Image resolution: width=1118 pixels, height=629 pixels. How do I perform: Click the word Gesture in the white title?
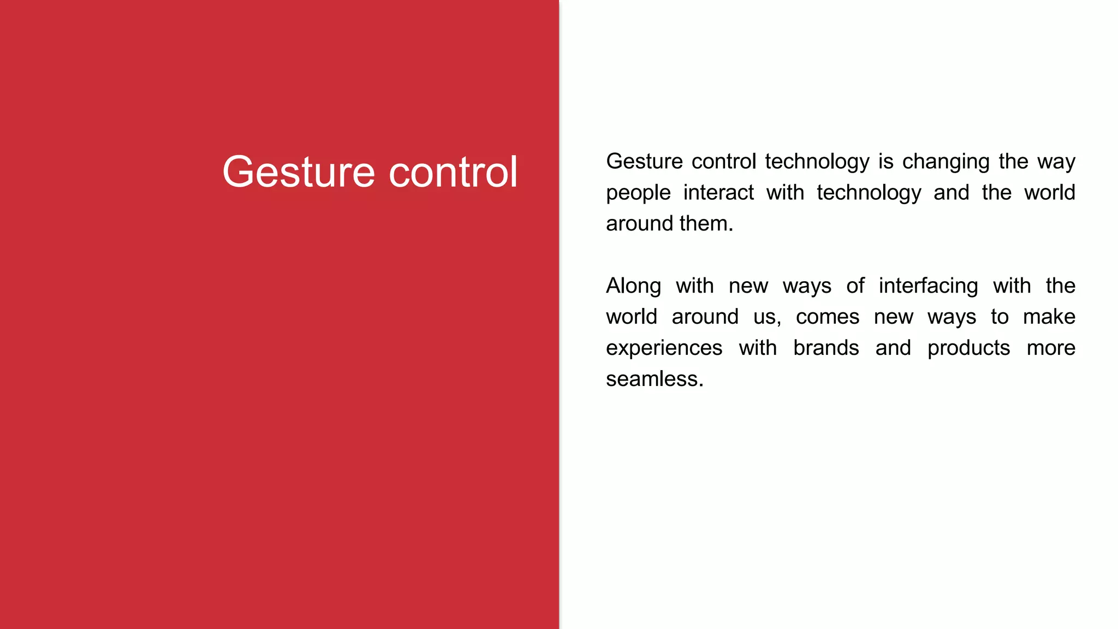click(x=299, y=173)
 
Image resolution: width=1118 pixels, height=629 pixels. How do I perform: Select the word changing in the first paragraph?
click(x=945, y=162)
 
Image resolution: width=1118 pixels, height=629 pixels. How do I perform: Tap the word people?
click(x=638, y=193)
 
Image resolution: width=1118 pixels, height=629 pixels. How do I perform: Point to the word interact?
click(x=718, y=193)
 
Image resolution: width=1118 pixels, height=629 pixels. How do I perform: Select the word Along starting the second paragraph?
click(x=633, y=286)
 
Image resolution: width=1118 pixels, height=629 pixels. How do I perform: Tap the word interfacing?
click(x=928, y=286)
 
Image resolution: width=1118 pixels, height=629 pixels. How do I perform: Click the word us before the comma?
click(x=765, y=317)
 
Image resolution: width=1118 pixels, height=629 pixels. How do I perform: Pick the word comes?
click(x=827, y=317)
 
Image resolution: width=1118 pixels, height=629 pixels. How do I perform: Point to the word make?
click(x=1049, y=317)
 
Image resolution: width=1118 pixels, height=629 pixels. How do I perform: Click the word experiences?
click(x=664, y=348)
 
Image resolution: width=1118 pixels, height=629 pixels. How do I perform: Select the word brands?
click(x=825, y=348)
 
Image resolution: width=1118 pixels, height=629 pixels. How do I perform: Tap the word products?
click(x=968, y=348)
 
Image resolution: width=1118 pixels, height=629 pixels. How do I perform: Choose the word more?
click(x=1051, y=348)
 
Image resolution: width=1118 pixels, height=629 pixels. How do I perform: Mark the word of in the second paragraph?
click(x=855, y=286)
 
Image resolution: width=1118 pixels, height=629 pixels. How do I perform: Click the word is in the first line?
click(x=885, y=162)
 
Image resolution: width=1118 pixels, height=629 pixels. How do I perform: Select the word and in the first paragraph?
click(x=950, y=193)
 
